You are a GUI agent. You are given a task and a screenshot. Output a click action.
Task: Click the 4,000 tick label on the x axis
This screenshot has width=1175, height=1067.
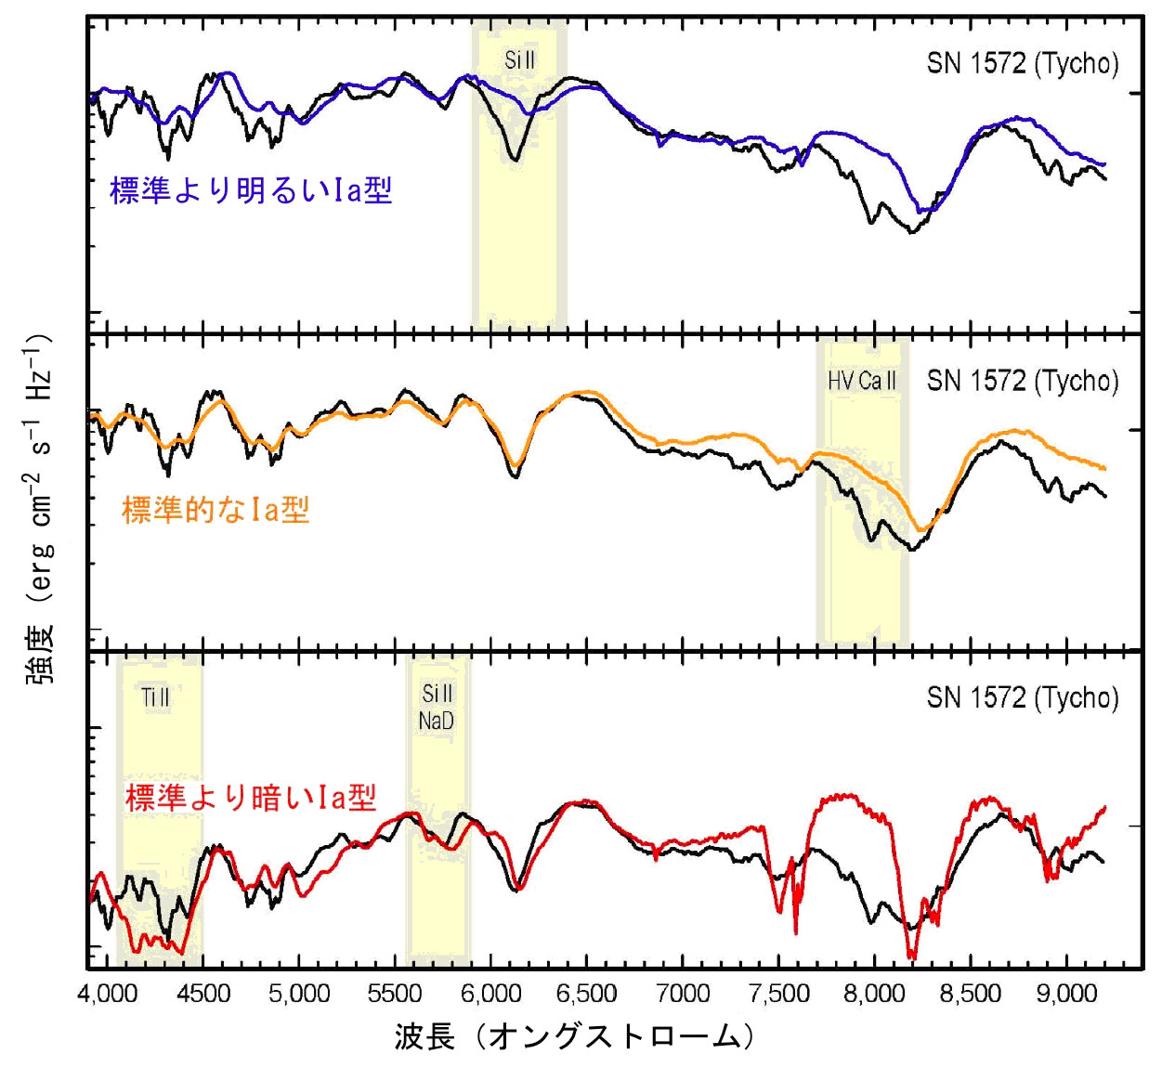(108, 995)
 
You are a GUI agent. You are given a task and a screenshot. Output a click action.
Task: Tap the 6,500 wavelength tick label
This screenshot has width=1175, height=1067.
(586, 995)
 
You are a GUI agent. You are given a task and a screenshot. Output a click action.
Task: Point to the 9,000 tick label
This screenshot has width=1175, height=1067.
(1066, 995)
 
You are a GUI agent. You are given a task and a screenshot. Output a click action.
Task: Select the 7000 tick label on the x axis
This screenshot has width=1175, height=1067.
(683, 995)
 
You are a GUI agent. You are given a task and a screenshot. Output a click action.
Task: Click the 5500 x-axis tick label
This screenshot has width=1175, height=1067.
(395, 995)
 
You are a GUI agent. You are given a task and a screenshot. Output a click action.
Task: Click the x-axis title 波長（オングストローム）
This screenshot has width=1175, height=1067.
(574, 1036)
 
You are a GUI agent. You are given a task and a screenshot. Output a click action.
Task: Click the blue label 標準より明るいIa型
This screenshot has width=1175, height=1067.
(251, 190)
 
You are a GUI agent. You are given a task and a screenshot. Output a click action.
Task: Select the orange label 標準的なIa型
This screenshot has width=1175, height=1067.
(215, 509)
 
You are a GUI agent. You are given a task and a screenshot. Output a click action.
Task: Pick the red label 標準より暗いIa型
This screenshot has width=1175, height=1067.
(251, 797)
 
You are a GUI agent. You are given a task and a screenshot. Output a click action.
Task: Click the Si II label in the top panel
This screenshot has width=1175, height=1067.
(519, 61)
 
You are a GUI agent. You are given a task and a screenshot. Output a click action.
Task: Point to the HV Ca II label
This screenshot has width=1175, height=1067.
(862, 381)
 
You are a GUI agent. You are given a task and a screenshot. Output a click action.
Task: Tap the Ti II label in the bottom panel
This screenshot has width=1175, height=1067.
(156, 697)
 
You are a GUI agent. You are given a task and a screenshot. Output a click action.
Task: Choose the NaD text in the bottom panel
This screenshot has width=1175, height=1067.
(436, 721)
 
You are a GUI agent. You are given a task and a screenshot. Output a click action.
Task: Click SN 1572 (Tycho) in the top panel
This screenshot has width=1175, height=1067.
(1023, 63)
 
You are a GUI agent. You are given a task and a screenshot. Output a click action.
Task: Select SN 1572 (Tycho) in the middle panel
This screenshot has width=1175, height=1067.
(1023, 381)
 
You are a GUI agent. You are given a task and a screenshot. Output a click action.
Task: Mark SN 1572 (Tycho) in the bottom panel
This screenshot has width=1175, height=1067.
(1023, 697)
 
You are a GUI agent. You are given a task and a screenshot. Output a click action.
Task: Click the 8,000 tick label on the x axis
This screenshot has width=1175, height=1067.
(874, 995)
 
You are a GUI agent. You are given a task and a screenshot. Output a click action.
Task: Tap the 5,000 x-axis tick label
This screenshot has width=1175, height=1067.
(299, 995)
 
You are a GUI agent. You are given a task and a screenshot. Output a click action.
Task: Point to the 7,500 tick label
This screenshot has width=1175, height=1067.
(778, 995)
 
